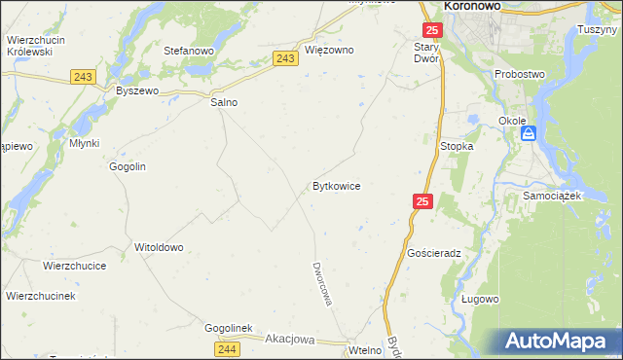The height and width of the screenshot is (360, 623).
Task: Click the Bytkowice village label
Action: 336,185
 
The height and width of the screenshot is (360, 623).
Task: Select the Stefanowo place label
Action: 189,50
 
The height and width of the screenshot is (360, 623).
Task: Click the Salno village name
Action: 225,102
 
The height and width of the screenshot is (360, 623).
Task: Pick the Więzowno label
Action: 329,50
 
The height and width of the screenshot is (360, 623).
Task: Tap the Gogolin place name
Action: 128,166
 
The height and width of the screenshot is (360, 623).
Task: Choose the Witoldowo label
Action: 159,247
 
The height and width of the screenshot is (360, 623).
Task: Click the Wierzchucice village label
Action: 74,265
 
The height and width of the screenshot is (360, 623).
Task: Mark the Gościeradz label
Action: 434,252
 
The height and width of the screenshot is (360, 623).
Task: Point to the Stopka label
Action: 457,146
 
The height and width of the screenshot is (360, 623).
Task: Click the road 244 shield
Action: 227,348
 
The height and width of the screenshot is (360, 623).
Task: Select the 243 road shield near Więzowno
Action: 285,59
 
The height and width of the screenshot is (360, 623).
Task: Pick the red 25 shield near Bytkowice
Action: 421,201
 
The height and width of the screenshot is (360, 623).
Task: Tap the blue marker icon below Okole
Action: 528,134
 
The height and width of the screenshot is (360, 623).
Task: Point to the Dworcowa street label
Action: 322,283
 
